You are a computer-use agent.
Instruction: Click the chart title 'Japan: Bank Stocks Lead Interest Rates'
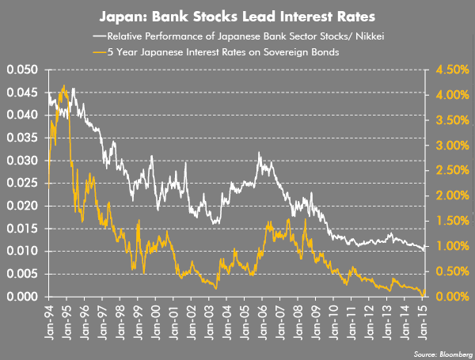(237, 15)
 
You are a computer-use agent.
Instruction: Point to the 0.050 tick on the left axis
(21, 70)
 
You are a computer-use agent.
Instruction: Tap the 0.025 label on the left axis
(21, 184)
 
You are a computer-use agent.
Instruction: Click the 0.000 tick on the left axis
(21, 297)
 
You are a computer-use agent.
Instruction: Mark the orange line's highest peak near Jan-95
(63, 85)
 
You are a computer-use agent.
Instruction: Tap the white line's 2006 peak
(259, 152)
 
